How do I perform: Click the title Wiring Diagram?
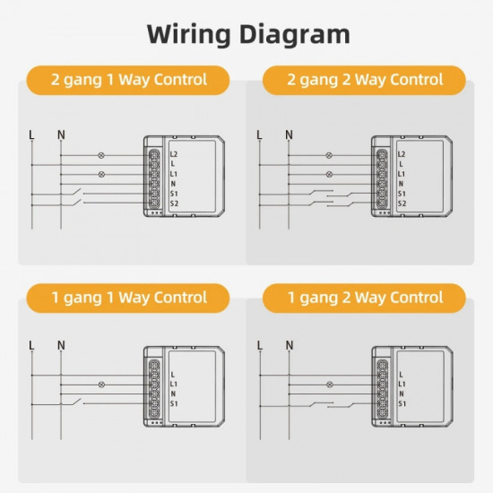247,34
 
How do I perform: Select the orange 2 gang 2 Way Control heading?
364,80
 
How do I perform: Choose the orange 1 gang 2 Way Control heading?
364,297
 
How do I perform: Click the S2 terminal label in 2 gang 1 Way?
174,203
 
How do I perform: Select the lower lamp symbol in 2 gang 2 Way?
328,174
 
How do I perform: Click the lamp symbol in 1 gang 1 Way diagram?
100,383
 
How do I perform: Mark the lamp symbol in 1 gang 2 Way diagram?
328,383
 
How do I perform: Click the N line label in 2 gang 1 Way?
61,135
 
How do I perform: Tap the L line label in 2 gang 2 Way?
259,135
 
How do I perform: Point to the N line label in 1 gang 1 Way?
61,344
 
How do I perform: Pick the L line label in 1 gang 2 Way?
259,344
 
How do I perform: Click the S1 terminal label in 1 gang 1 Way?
173,404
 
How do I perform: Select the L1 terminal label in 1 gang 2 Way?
401,384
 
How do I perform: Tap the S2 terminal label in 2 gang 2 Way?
402,203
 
